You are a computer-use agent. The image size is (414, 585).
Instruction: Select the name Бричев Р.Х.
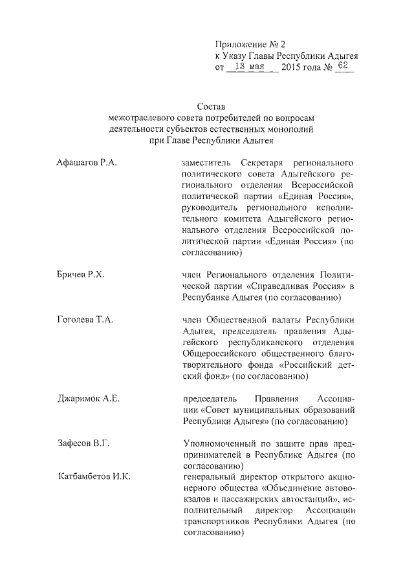point(81,275)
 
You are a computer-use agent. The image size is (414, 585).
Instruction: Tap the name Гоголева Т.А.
point(85,320)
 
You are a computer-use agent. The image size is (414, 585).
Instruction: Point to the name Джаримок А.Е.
point(89,398)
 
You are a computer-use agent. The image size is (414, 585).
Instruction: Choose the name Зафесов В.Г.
point(83,443)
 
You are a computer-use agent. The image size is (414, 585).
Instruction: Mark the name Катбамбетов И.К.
point(94,476)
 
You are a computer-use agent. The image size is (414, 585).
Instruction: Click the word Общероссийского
point(219,354)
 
